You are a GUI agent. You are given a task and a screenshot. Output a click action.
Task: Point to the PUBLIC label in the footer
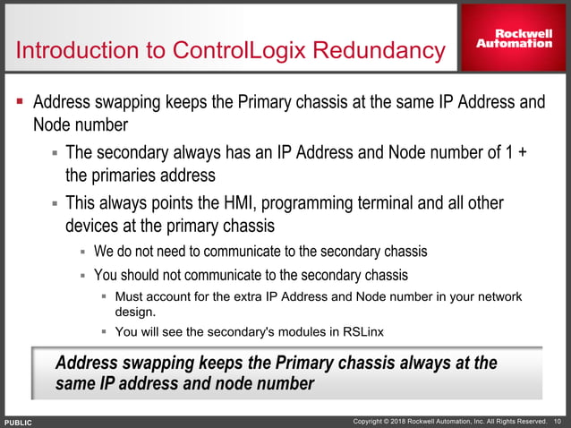18,422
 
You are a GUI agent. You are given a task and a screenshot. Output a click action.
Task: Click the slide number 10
558,421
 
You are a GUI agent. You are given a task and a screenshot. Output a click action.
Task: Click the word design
136,312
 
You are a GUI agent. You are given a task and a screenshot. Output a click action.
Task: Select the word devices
95,222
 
